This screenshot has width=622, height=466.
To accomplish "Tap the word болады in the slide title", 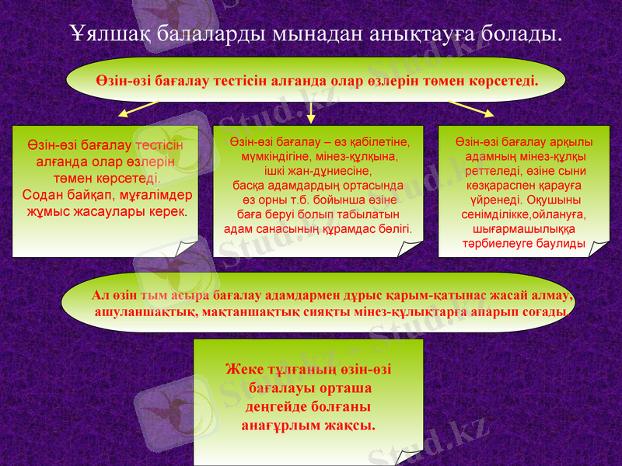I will click(520, 34).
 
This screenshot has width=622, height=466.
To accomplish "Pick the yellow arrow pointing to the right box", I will click(472, 109).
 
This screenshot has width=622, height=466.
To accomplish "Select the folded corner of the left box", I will click(187, 248).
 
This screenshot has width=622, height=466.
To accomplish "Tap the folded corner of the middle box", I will click(411, 247).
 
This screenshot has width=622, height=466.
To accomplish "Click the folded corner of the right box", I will click(599, 248).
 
